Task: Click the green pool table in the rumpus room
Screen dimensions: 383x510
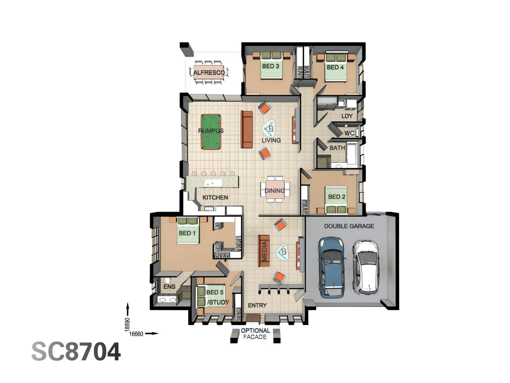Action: (211, 132)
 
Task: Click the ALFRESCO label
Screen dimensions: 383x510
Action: (209, 73)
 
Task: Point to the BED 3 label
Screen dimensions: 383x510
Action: (270, 66)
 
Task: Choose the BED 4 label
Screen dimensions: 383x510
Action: (335, 67)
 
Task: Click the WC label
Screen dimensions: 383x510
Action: (349, 133)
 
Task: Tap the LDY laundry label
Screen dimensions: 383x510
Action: (347, 116)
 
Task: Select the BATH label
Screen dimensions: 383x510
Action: (337, 148)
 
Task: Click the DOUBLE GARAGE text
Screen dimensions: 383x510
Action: (349, 226)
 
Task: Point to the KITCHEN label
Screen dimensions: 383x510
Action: (215, 198)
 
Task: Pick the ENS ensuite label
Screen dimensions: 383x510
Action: (169, 287)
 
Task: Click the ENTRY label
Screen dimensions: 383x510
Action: (257, 305)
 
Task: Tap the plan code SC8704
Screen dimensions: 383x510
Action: (76, 352)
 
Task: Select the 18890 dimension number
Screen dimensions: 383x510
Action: (127, 324)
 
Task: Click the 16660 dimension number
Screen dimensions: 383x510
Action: (136, 334)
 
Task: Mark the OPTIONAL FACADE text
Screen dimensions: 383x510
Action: (255, 334)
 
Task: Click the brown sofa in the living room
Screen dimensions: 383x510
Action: (246, 129)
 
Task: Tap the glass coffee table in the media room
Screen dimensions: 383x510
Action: (283, 252)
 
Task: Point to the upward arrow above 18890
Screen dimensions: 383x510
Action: (127, 309)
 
